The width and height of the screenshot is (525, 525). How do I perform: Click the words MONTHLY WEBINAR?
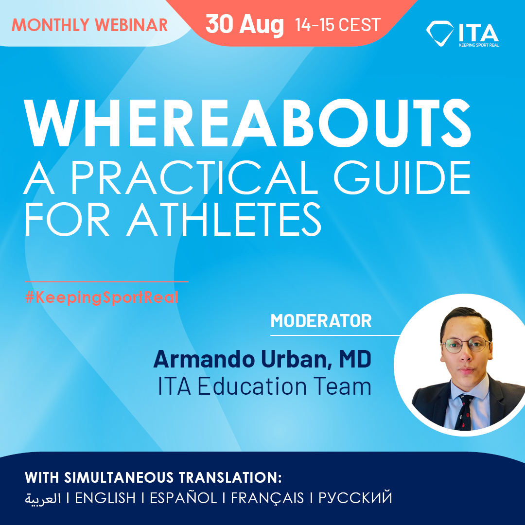pos(89,25)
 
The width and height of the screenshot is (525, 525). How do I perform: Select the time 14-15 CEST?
pos(338,24)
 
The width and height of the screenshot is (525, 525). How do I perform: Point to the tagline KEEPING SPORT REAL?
pos(478,45)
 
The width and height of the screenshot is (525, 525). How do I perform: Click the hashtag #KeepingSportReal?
pos(102,297)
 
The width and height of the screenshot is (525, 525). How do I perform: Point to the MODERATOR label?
pos(321,321)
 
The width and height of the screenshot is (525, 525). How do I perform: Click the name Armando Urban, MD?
pos(262,359)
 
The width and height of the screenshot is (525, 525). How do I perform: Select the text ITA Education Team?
pos(264,386)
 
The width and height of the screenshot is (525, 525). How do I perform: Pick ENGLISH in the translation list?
pos(105,498)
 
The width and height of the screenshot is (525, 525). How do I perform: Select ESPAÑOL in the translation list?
pos(184,498)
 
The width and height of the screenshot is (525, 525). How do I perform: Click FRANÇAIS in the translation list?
pos(267,498)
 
